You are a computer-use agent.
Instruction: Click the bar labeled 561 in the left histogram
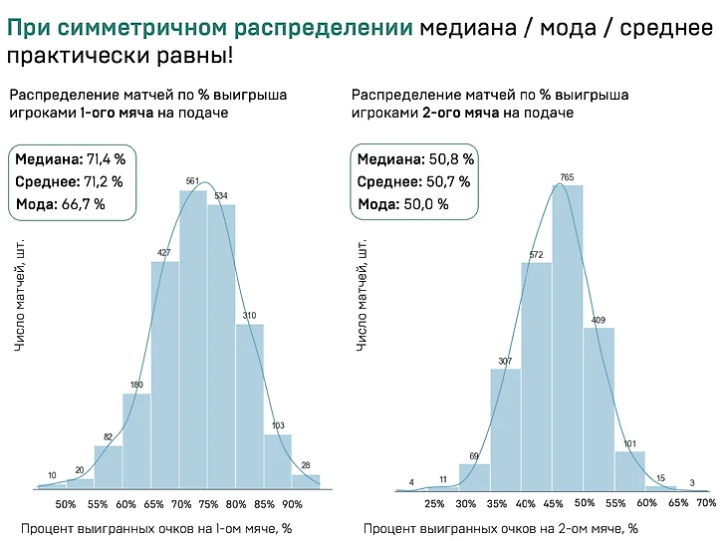[x=193, y=339]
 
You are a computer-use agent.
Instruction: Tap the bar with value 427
[x=164, y=375]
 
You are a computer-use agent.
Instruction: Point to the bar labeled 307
[x=506, y=428]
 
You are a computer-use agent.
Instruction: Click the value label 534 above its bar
[x=222, y=194]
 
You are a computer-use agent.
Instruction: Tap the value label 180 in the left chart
[x=136, y=385]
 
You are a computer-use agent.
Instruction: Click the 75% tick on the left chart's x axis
[x=208, y=504]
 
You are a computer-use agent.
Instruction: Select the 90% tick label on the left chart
[x=292, y=504]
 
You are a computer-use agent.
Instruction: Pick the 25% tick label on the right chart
[x=434, y=504]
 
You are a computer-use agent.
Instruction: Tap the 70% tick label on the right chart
[x=705, y=504]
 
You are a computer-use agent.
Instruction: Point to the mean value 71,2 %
[x=103, y=181]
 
